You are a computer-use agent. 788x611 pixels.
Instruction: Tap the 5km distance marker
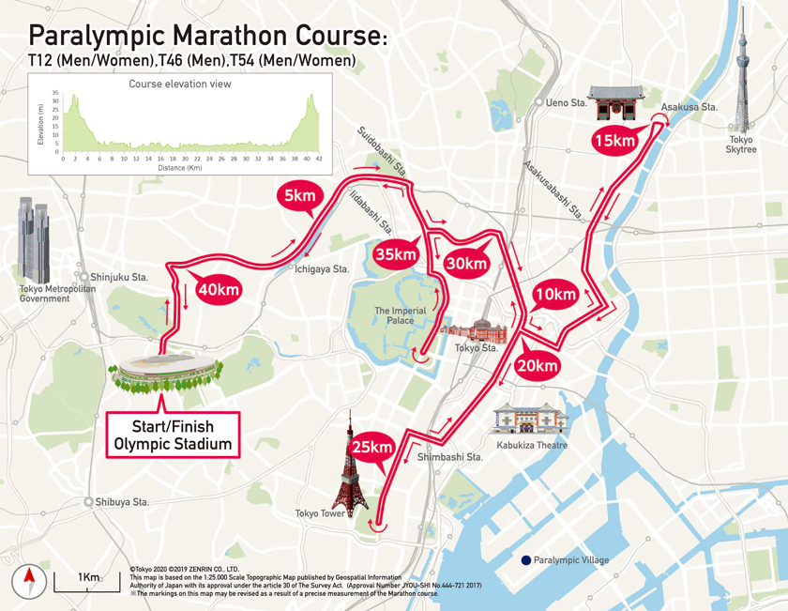(299, 197)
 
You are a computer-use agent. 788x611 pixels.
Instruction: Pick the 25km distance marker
(371, 448)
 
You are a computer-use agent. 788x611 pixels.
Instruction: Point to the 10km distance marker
(554, 295)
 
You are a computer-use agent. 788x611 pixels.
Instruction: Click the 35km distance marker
(395, 253)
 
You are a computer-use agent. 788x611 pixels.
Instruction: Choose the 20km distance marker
(537, 365)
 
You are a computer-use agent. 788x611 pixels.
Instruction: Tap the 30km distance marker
(466, 264)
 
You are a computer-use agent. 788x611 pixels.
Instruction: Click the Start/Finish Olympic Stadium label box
(173, 435)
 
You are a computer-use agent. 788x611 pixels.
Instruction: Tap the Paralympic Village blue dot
(526, 560)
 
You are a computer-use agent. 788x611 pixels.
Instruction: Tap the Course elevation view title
(180, 84)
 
